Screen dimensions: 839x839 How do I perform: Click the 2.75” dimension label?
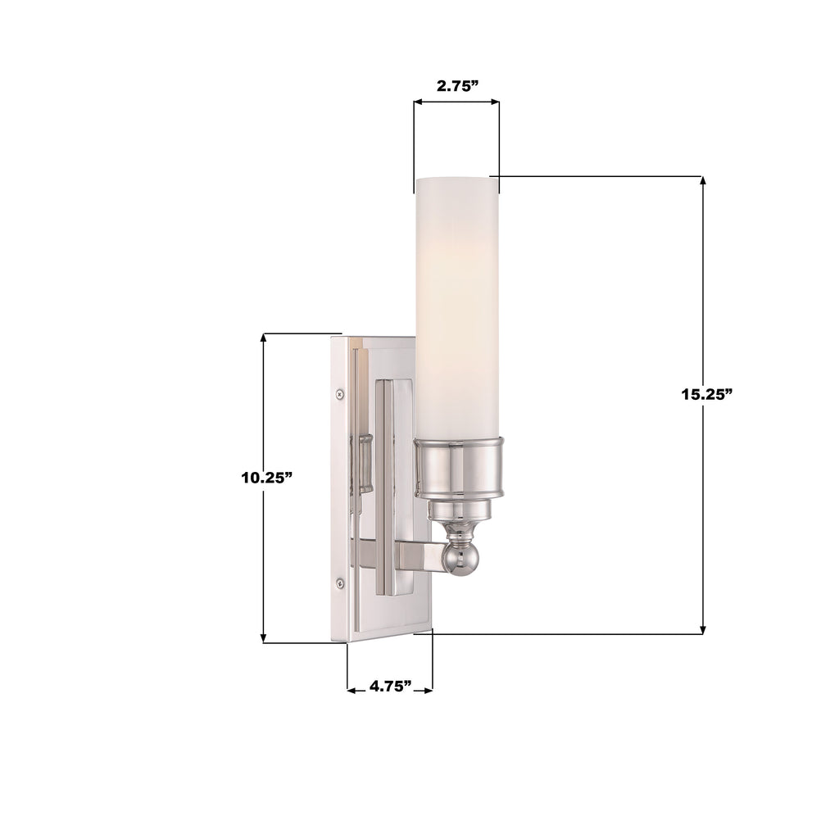click(456, 85)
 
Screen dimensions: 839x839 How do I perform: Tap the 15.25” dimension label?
click(705, 393)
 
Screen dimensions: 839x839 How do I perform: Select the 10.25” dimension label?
click(267, 478)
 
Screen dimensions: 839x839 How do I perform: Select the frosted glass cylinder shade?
click(456, 303)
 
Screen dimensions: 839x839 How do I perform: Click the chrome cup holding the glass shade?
click(456, 467)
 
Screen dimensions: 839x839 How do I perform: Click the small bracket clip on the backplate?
click(363, 463)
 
